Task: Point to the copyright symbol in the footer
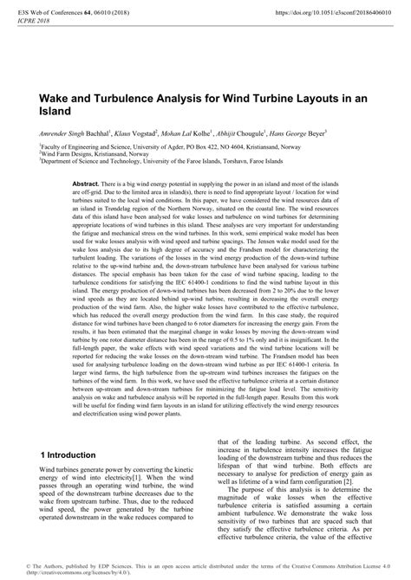pyautogui.click(x=29, y=565)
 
